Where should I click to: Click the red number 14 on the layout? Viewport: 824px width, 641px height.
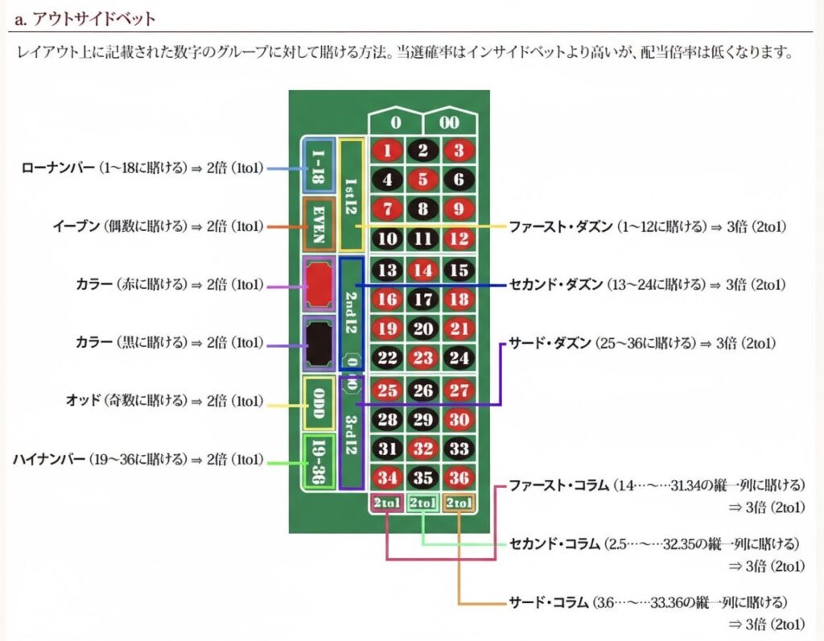click(423, 271)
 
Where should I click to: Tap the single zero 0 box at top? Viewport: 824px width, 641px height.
click(395, 123)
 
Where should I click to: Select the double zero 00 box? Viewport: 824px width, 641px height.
click(451, 123)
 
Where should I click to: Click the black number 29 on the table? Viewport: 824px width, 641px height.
click(423, 420)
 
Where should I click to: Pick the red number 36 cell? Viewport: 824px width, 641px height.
click(459, 478)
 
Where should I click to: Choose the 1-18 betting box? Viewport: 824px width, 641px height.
click(318, 166)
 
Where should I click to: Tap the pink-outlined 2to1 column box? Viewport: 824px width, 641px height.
click(387, 504)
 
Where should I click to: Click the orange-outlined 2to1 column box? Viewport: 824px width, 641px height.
click(459, 504)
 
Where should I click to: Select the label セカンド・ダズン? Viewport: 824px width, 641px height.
click(555, 284)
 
